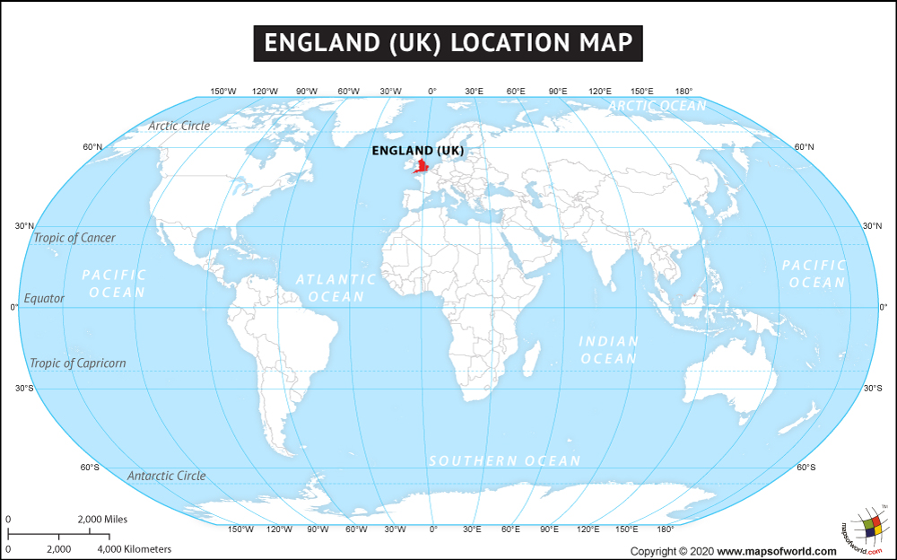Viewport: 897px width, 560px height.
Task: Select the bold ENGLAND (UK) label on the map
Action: (418, 150)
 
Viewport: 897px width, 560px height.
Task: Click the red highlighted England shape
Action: (421, 168)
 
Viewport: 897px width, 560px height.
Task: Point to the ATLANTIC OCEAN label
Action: (335, 287)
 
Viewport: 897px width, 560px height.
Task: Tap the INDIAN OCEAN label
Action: (608, 350)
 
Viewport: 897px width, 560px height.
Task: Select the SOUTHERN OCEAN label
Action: (504, 460)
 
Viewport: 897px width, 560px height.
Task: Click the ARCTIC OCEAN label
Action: (658, 106)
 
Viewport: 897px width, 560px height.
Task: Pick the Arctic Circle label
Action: (179, 126)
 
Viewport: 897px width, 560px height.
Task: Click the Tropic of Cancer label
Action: (74, 238)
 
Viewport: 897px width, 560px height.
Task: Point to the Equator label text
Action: (44, 298)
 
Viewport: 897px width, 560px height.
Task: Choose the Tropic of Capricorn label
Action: (78, 363)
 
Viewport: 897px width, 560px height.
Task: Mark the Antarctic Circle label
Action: (166, 476)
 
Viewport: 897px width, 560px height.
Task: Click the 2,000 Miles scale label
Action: (102, 520)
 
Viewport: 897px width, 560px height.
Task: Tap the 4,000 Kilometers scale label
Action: (134, 548)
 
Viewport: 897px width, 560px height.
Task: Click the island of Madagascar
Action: (531, 360)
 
